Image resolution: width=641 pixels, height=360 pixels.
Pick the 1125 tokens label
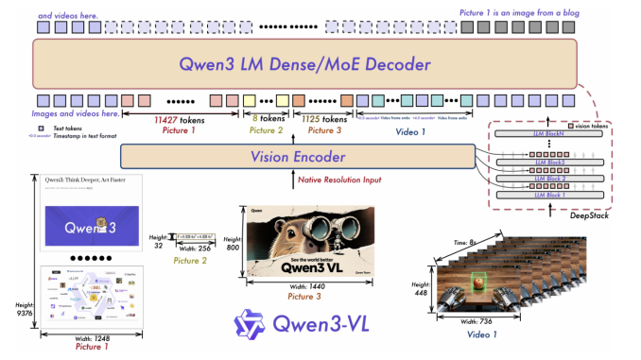point(321,119)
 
